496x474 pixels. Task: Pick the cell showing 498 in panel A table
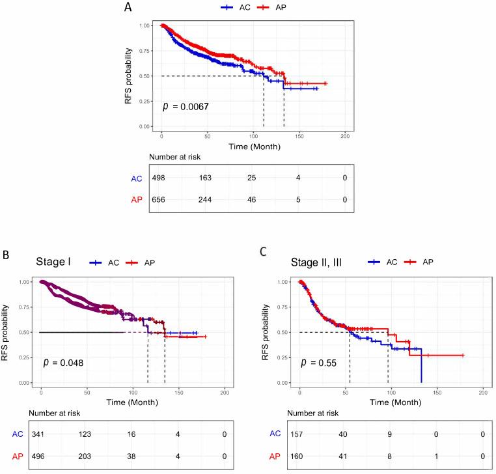159,178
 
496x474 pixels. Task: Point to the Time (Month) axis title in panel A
254,147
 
